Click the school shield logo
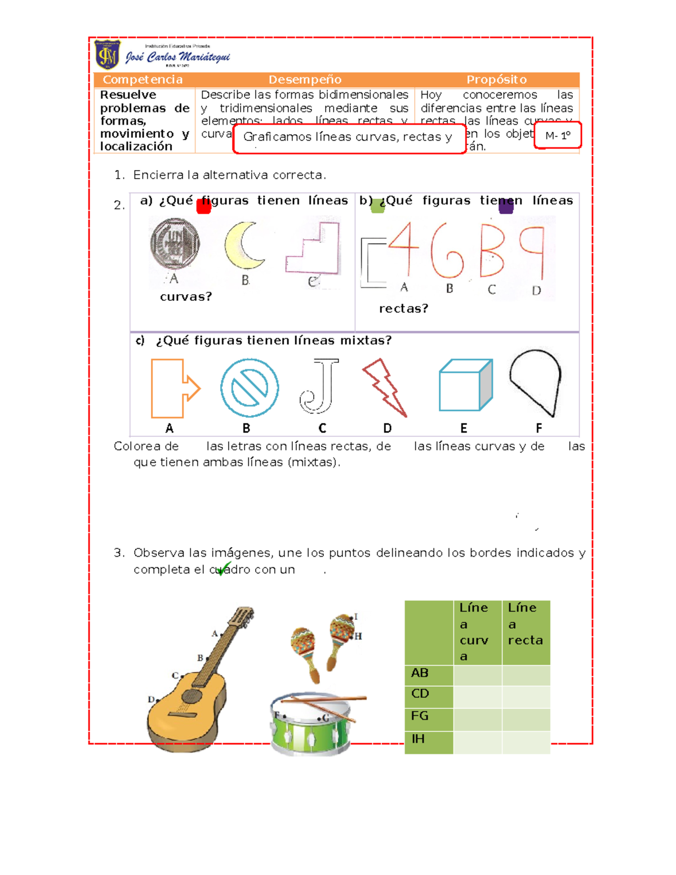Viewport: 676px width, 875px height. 107,55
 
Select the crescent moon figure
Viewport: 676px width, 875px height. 243,246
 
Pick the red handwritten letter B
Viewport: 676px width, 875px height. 492,251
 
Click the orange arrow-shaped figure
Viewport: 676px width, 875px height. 174,388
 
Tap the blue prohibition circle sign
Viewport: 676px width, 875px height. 249,388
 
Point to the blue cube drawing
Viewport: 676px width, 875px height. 465,385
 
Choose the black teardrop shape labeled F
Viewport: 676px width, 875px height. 536,381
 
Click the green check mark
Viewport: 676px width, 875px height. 223,568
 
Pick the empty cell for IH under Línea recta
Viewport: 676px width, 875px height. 526,742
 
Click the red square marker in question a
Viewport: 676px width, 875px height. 203,207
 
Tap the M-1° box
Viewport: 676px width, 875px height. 557,136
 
